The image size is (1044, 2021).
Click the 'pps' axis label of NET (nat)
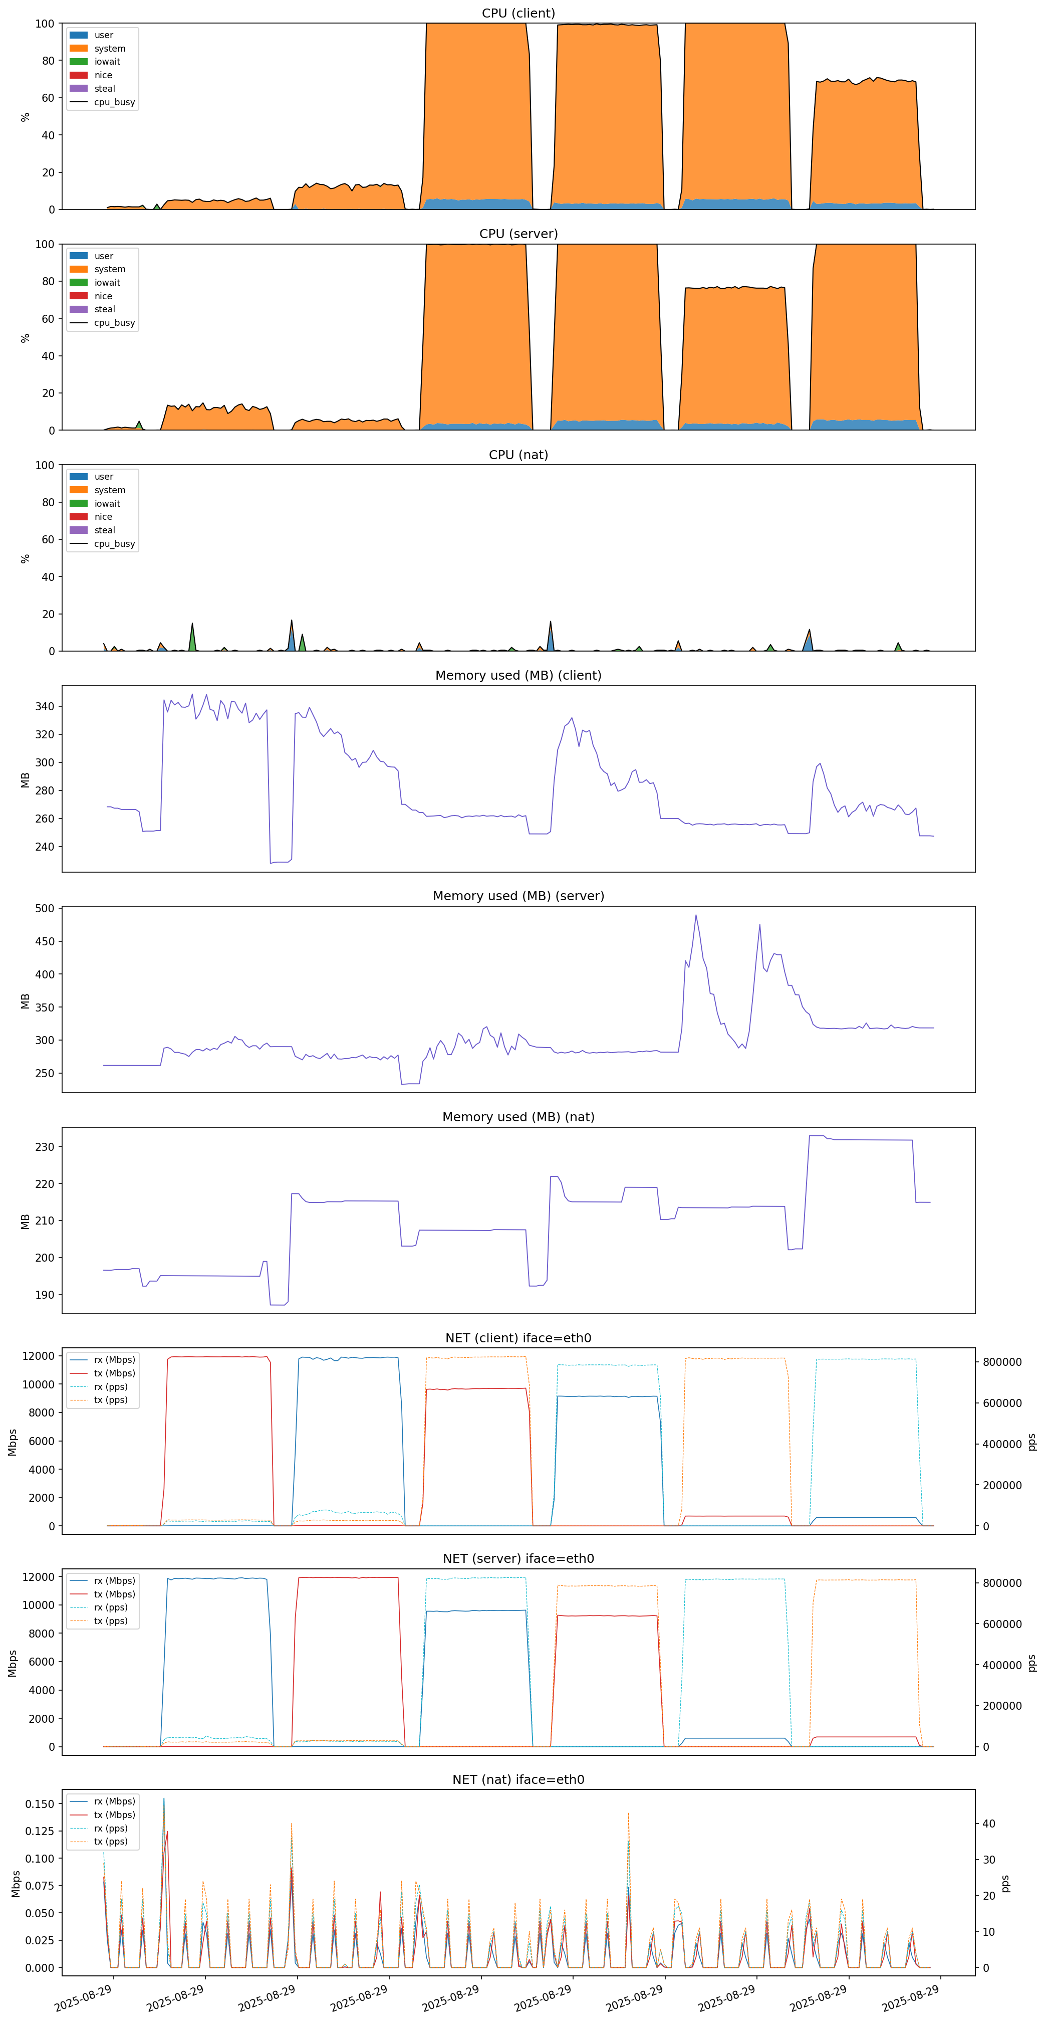click(1006, 1883)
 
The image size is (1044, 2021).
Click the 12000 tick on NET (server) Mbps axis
click(38, 1577)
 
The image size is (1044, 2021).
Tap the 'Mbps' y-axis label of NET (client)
click(13, 1442)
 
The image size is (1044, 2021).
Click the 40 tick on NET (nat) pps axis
click(988, 1824)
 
